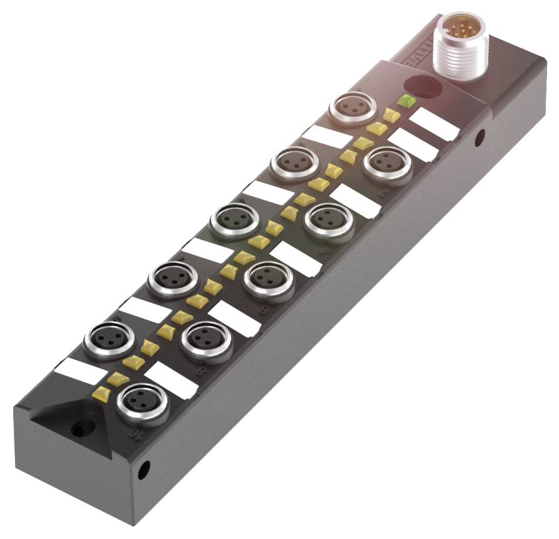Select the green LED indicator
pyautogui.click(x=405, y=100)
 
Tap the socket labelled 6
pyautogui.click(x=268, y=279)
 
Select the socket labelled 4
pyautogui.click(x=328, y=220)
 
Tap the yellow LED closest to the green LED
pyautogui.click(x=391, y=115)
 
